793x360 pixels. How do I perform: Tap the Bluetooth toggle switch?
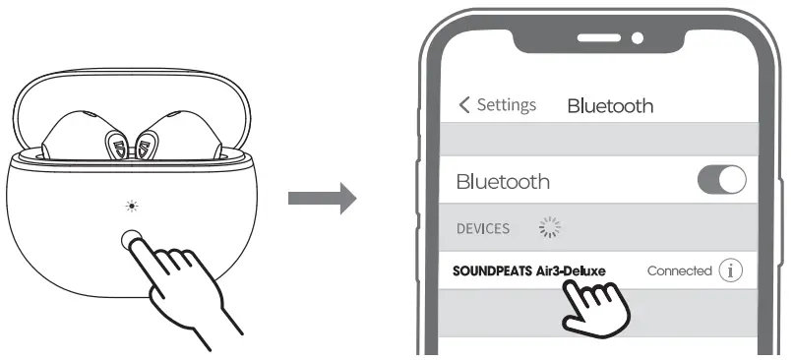(x=721, y=181)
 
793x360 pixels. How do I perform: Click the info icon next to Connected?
(x=730, y=270)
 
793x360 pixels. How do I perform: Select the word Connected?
(x=679, y=270)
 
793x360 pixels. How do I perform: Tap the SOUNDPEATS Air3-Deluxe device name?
(x=529, y=270)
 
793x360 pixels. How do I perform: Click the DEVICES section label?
(x=483, y=228)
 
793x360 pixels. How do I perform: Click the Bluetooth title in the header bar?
(x=610, y=106)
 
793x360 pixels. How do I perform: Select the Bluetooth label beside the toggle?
(x=503, y=182)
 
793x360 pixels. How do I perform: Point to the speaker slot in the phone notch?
(x=598, y=37)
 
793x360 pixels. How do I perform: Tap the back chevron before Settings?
(x=465, y=105)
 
